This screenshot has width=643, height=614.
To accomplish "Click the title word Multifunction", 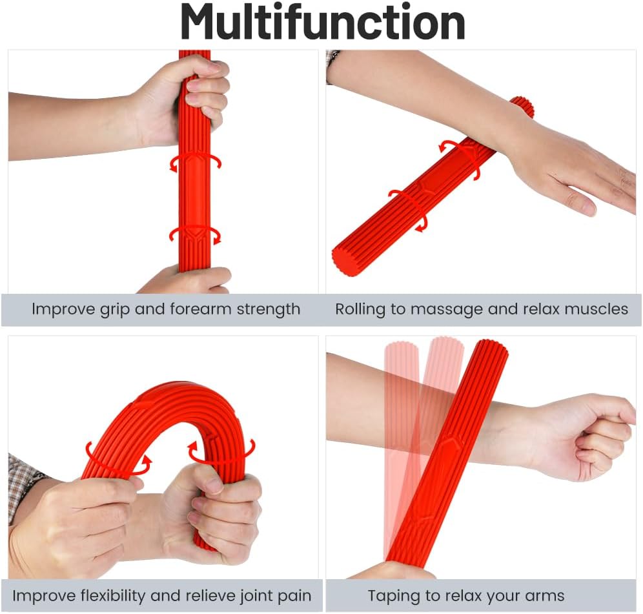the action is (323, 22).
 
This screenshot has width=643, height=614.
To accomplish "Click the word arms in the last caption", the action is (544, 596).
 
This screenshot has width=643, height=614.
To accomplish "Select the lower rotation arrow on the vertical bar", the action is (195, 236).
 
